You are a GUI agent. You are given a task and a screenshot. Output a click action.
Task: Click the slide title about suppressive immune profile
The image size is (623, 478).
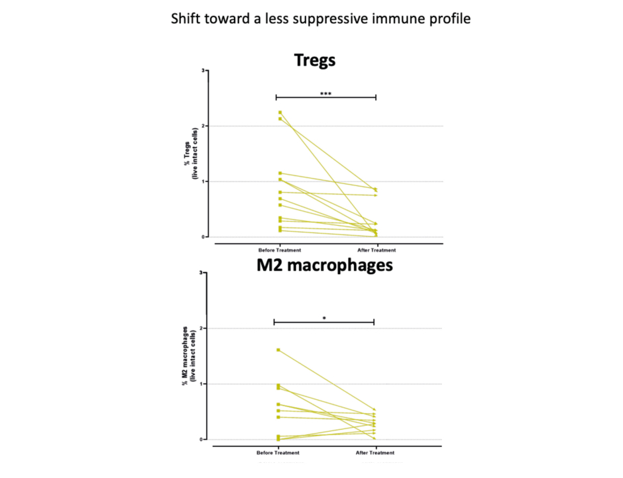pyautogui.click(x=321, y=19)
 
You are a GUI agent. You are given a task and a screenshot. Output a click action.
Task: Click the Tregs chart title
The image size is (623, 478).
pyautogui.click(x=315, y=60)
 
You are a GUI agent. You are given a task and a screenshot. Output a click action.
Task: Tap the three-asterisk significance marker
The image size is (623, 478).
pyautogui.click(x=325, y=94)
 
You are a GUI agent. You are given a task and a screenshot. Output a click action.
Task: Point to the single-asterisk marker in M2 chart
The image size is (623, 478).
pyautogui.click(x=324, y=318)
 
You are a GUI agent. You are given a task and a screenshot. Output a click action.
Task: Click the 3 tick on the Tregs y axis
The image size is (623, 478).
pyautogui.click(x=204, y=70)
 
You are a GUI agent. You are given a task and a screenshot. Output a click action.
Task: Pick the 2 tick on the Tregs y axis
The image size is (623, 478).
pyautogui.click(x=204, y=126)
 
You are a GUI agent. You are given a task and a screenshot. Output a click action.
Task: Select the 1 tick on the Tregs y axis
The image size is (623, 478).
pyautogui.click(x=204, y=181)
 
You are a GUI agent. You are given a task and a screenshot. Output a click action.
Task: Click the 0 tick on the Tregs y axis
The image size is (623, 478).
pyautogui.click(x=204, y=237)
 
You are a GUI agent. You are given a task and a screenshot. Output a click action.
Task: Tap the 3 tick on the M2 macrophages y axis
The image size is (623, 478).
pyautogui.click(x=201, y=273)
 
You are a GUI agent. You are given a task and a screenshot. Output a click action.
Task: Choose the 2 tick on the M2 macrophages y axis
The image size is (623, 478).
pyautogui.click(x=201, y=328)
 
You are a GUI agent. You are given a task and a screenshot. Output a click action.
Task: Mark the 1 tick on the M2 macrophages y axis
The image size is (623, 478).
pyautogui.click(x=201, y=384)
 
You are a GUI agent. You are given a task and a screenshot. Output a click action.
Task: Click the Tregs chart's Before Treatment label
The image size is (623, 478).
pyautogui.click(x=280, y=250)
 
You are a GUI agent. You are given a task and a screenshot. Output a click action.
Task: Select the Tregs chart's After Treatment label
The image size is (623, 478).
pyautogui.click(x=376, y=250)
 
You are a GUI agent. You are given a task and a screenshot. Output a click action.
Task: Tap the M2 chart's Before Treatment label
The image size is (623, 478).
pyautogui.click(x=278, y=453)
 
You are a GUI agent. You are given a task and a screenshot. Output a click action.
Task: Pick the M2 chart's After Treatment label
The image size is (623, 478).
pyautogui.click(x=374, y=453)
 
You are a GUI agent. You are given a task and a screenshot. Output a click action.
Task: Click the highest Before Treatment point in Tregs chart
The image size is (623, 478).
pyautogui.click(x=280, y=113)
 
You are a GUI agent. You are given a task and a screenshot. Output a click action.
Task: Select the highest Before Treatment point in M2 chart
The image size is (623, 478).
pyautogui.click(x=278, y=350)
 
